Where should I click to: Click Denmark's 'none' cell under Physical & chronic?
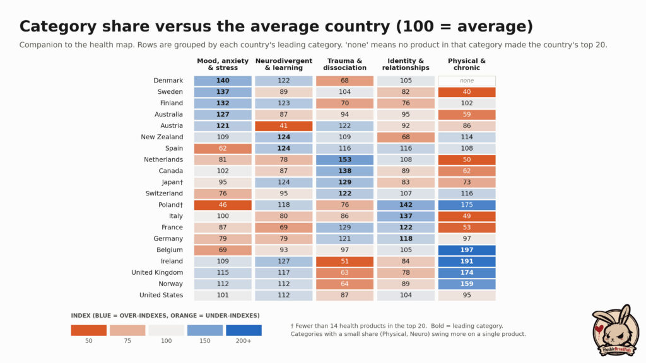pos(467,81)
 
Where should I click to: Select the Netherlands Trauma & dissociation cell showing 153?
pos(345,159)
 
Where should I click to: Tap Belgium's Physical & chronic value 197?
pos(467,250)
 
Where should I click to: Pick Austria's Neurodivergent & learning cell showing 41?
pos(284,126)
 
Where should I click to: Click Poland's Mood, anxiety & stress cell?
pos(223,205)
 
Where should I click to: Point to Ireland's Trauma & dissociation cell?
pos(345,262)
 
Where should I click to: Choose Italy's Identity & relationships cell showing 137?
pos(406,216)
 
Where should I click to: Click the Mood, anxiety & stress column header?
pos(223,64)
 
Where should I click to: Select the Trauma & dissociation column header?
pos(345,64)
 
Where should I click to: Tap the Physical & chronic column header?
pos(467,64)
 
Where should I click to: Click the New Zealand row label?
pos(162,137)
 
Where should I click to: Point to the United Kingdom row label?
pos(157,272)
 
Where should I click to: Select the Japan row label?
pos(172,182)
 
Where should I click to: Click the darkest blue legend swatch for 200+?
pos(244,330)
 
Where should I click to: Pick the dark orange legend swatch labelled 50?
pos(88,330)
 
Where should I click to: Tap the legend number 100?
pos(167,341)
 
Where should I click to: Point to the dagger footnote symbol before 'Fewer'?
pos(292,326)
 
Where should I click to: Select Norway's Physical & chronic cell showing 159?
pos(467,284)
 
